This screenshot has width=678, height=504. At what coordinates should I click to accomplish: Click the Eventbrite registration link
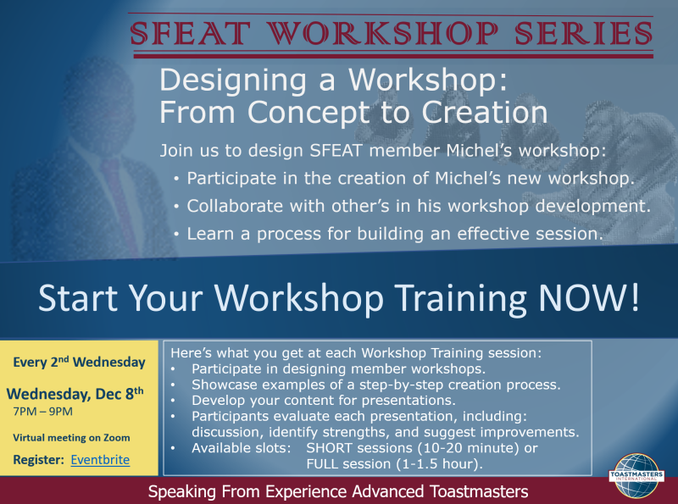pos(100,459)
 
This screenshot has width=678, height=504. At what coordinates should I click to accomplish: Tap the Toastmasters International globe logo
pos(636,476)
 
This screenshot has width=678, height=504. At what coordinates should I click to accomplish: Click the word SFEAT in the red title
pos(190,33)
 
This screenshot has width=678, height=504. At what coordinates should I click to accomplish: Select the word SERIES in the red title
pos(583,33)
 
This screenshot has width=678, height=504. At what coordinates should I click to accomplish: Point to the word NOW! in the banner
pos(589,297)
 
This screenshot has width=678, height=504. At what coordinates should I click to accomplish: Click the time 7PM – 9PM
pos(43,412)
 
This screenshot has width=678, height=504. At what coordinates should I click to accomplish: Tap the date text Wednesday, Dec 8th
pos(75,393)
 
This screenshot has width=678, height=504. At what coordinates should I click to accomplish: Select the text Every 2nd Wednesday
pos(79,363)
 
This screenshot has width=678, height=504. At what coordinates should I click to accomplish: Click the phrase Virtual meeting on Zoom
pos(71,438)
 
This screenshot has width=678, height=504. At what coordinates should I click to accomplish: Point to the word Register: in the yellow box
pos(38,460)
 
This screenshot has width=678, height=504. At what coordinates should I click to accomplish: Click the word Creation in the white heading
pos(484,113)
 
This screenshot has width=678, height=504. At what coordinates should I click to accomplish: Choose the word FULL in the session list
pos(321,464)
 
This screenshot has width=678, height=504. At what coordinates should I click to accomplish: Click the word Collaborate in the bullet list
pos(235,206)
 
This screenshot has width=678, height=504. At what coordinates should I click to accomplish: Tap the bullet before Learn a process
pos(176,235)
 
